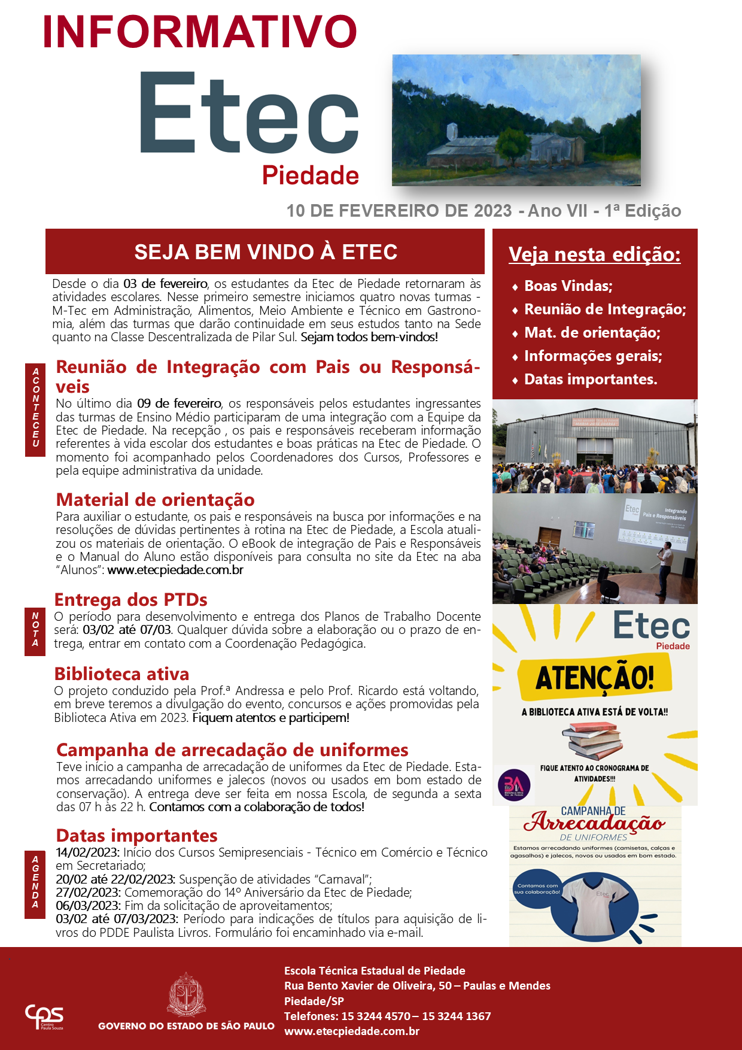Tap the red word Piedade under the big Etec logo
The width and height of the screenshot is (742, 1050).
point(310,175)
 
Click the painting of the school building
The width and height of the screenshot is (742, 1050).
point(516,120)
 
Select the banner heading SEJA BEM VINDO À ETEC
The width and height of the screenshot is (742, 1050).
point(265,252)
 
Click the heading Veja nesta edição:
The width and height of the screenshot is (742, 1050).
point(594,254)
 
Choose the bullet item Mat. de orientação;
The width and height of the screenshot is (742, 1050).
point(592,333)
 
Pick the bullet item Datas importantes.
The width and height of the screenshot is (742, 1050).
point(590,380)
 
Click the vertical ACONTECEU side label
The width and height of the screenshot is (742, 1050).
point(35,408)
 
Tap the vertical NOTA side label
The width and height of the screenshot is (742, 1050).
point(35,630)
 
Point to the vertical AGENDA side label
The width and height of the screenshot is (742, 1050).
point(35,882)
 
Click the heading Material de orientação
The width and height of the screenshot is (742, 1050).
point(155,500)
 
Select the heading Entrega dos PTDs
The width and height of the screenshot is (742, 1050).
point(130,600)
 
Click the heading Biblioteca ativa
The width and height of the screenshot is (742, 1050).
point(121,674)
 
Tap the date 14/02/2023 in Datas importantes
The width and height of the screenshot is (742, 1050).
point(87,852)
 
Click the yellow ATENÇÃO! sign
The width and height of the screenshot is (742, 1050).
point(594,678)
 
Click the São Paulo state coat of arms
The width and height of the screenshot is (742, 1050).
point(187,995)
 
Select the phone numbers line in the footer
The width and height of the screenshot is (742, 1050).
point(387,1016)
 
